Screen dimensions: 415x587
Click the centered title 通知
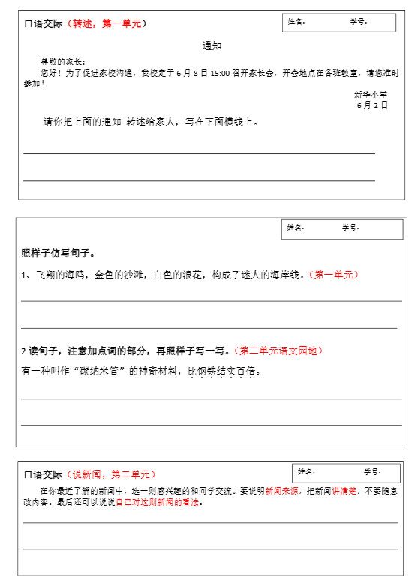tap(212, 46)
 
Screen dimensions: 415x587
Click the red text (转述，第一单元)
tap(107, 23)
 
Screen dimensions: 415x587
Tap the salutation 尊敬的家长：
tap(63, 62)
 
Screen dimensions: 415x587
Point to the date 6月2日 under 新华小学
tap(372, 105)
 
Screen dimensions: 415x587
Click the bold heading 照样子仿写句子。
tap(58, 252)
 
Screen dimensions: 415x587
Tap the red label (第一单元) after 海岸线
tap(334, 275)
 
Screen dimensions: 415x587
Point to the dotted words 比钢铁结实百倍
tap(222, 371)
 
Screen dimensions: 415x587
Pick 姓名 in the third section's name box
tap(306, 472)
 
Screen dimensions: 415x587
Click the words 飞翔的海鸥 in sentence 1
tap(61, 275)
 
